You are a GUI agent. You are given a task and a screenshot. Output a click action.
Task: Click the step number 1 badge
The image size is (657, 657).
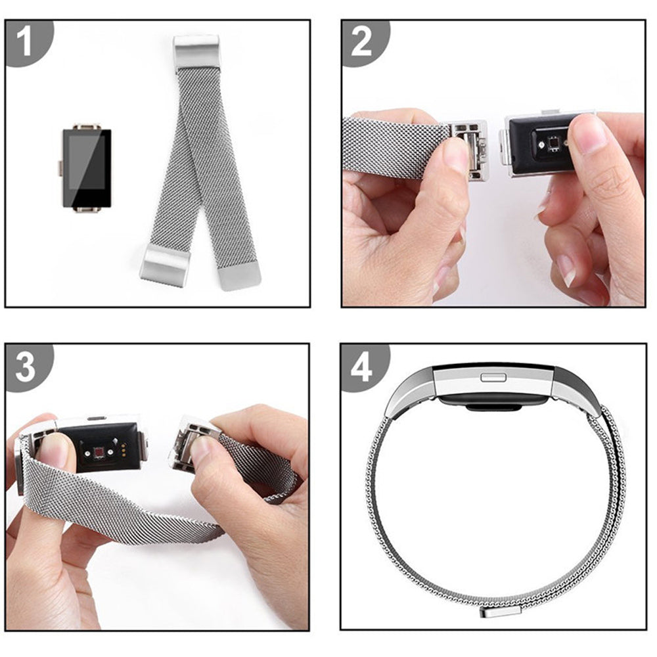click(25, 41)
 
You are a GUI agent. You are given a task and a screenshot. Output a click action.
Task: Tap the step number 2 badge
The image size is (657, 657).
click(362, 41)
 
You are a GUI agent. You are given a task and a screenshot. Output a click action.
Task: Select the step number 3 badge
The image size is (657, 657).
click(25, 367)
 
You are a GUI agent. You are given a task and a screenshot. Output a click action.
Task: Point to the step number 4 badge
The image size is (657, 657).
click(362, 367)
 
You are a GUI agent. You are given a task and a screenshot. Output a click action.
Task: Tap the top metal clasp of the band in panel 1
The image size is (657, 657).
click(196, 52)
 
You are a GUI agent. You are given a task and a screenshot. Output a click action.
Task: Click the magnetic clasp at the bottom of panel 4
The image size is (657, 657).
click(500, 611)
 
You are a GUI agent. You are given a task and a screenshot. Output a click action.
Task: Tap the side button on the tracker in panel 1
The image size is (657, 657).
click(60, 168)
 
